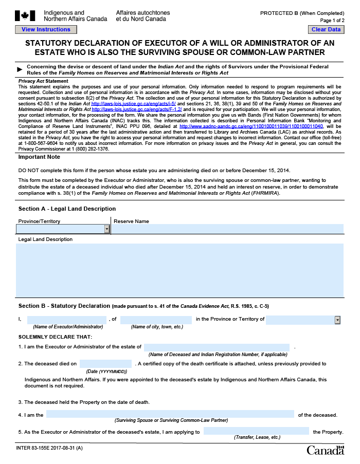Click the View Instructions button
click(x=46, y=30)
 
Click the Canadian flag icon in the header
click(x=25, y=15)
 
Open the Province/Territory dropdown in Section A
click(x=107, y=229)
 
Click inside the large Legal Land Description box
click(x=179, y=270)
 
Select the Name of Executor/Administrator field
click(x=66, y=320)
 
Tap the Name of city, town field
click(x=156, y=320)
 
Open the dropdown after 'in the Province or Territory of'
click(x=337, y=320)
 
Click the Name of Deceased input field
click(x=217, y=347)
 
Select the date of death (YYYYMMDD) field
click(x=106, y=364)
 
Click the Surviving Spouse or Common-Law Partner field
click(x=170, y=415)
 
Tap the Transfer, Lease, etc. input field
click(x=256, y=432)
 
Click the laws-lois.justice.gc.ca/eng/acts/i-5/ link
click(x=133, y=104)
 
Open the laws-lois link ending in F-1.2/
click(x=137, y=109)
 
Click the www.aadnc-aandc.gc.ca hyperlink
click(x=251, y=126)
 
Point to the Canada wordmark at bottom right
click(x=325, y=451)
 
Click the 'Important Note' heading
click(x=39, y=157)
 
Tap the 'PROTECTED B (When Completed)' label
click(x=302, y=13)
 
